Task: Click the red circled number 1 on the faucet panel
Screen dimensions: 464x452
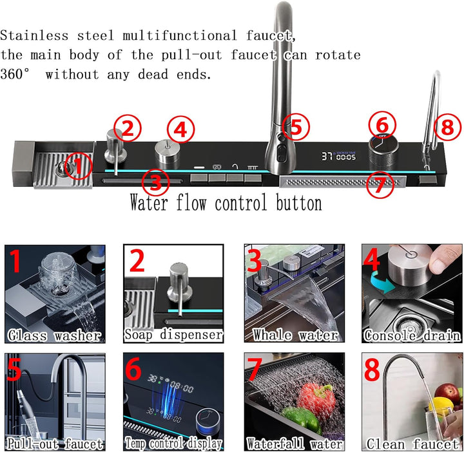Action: (x=78, y=165)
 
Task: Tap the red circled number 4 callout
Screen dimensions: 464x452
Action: (x=181, y=129)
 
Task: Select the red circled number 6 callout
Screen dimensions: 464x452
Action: (x=382, y=125)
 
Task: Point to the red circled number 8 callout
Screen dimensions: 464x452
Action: (x=447, y=127)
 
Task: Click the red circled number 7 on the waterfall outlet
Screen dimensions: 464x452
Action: (x=380, y=184)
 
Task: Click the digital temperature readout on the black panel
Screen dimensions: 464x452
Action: (x=338, y=156)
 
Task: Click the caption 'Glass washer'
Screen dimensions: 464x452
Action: (x=55, y=335)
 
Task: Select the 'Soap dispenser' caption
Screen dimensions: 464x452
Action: (x=173, y=335)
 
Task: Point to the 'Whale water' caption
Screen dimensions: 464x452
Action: (x=295, y=335)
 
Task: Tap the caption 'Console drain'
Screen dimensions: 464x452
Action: (x=412, y=335)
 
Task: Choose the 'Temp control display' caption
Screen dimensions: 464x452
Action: (x=173, y=444)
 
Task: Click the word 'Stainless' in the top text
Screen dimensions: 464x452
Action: (x=34, y=36)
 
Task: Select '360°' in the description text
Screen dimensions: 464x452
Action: (x=15, y=74)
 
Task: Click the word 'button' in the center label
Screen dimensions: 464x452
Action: (x=299, y=203)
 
